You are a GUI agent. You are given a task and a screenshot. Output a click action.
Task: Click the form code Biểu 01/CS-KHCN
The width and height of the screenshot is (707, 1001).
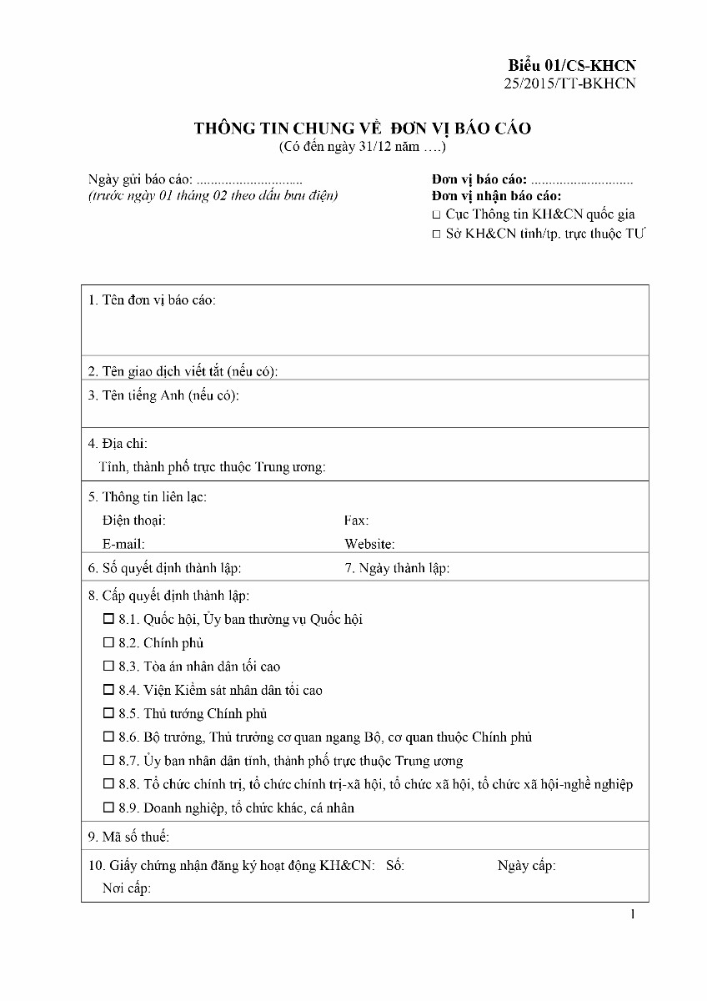click(572, 65)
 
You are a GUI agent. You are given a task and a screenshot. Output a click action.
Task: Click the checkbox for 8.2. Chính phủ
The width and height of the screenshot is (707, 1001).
click(108, 643)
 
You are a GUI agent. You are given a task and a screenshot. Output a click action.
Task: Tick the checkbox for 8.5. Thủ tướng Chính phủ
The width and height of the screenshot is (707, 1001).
click(108, 713)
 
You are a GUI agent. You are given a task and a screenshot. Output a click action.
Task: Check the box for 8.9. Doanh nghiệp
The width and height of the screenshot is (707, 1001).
click(108, 807)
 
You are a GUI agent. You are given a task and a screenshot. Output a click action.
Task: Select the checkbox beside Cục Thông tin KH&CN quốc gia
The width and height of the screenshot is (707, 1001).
click(436, 215)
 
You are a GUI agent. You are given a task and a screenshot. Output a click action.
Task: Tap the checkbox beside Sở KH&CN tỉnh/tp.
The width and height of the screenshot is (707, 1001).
click(436, 234)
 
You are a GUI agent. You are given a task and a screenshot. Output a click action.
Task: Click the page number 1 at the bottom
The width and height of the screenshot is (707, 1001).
click(633, 914)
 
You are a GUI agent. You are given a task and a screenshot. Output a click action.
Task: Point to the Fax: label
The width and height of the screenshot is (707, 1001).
click(356, 521)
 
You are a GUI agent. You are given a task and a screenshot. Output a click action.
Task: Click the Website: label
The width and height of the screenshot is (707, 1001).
click(369, 544)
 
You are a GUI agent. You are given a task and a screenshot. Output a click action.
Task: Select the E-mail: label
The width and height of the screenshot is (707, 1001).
click(123, 544)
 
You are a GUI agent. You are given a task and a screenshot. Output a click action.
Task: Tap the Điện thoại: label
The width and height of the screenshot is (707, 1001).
click(133, 521)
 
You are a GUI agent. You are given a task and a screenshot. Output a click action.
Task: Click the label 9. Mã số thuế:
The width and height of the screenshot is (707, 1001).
click(128, 837)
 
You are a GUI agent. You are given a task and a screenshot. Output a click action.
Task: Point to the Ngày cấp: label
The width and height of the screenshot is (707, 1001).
click(526, 865)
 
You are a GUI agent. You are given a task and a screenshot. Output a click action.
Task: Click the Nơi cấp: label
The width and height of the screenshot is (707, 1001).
click(126, 888)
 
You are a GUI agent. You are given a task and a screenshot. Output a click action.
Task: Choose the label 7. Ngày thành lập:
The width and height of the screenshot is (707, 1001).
click(397, 568)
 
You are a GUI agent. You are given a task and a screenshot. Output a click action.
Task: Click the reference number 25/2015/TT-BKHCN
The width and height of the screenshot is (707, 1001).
click(570, 83)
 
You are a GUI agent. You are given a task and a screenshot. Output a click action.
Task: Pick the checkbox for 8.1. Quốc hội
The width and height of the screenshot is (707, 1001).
click(108, 620)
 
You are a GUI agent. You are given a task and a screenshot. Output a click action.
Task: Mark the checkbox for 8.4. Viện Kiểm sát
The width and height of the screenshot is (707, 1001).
click(108, 690)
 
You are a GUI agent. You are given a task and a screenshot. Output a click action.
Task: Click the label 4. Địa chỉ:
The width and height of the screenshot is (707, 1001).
click(118, 444)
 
